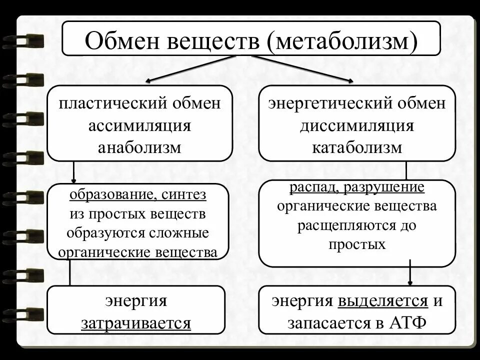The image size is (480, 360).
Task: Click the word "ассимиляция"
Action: click(x=140, y=125)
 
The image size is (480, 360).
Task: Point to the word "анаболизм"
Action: click(x=140, y=147)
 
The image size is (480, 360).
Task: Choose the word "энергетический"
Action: click(x=329, y=104)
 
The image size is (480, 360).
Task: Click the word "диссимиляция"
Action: click(x=357, y=125)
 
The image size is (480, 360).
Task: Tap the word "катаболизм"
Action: click(x=357, y=147)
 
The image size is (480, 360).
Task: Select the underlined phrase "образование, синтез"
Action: click(x=138, y=195)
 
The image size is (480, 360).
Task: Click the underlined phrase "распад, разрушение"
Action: click(x=357, y=188)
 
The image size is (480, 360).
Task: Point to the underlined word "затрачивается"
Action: click(x=136, y=323)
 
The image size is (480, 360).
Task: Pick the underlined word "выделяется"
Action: click(x=383, y=301)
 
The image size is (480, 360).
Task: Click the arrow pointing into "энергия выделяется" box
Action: click(x=410, y=273)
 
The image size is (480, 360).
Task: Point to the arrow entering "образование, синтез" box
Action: click(x=74, y=172)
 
